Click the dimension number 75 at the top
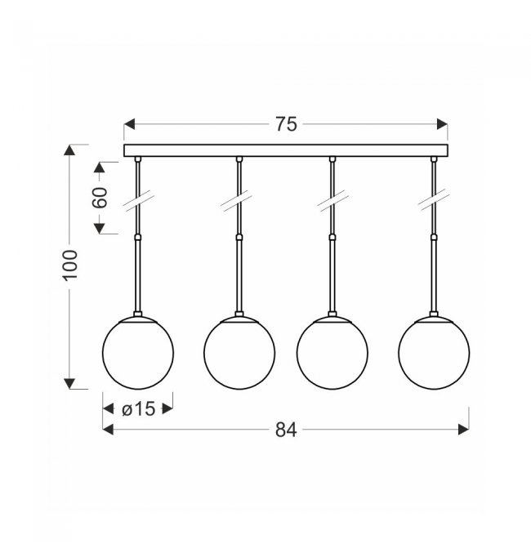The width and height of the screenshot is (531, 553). pyautogui.click(x=286, y=124)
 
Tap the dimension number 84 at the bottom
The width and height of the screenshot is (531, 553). pyautogui.click(x=286, y=430)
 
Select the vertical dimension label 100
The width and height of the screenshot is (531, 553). pyautogui.click(x=70, y=265)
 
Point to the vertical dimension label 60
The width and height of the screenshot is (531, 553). pyautogui.click(x=100, y=198)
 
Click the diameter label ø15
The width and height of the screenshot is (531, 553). pyautogui.click(x=138, y=409)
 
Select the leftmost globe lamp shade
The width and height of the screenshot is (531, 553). pyautogui.click(x=138, y=353)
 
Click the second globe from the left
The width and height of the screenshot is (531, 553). pyautogui.click(x=239, y=353)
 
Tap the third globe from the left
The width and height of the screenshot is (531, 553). pyautogui.click(x=332, y=353)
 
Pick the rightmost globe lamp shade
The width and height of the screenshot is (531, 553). pyautogui.click(x=434, y=353)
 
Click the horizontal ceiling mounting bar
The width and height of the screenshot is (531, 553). pyautogui.click(x=286, y=150)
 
